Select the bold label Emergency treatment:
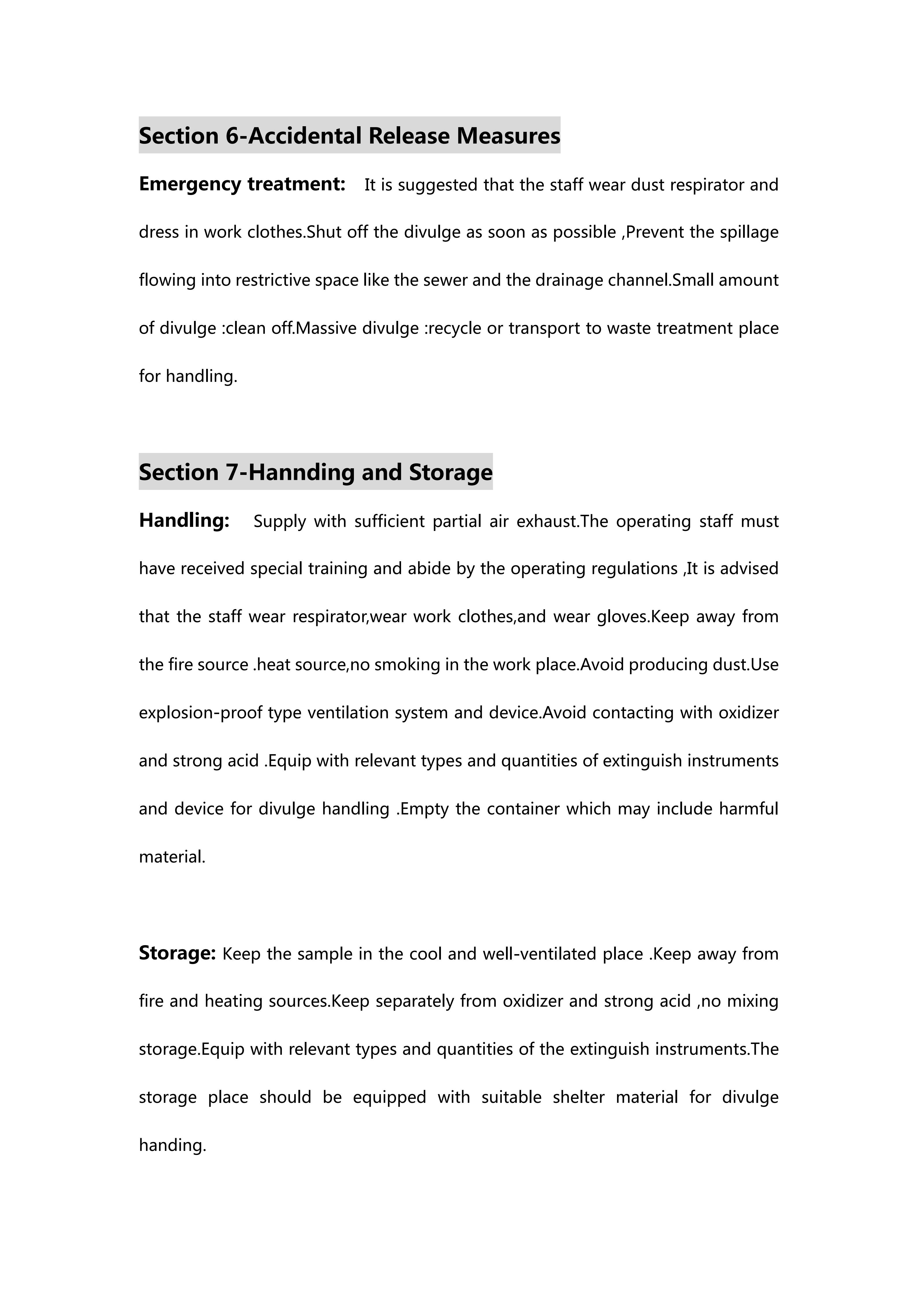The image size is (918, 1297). [x=242, y=184]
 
